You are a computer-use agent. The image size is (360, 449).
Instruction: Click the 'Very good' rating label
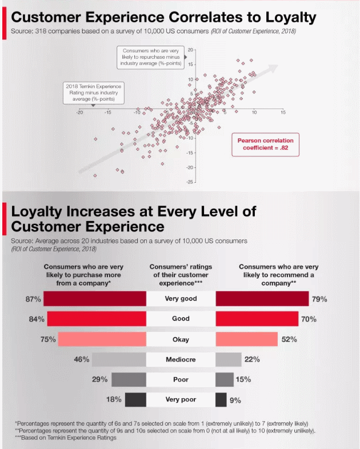(181, 299)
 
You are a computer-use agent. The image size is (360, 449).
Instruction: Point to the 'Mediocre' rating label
(181, 359)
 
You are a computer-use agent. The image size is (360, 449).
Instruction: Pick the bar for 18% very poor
(135, 399)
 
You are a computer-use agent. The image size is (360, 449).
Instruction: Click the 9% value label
(235, 400)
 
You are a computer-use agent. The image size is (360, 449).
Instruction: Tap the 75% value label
(48, 339)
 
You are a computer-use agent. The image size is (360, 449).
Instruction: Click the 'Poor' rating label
(181, 379)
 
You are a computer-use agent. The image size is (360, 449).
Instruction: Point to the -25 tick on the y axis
(190, 182)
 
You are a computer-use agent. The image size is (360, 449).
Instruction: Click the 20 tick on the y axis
(190, 50)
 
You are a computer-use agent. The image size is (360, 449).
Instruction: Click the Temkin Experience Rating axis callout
(93, 93)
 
